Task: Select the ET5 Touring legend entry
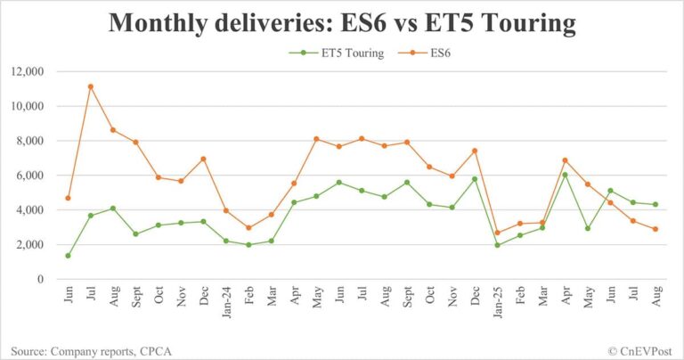(x=354, y=53)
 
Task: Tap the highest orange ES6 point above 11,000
(x=91, y=86)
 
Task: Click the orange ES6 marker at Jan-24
(x=226, y=210)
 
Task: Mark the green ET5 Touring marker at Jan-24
(x=226, y=241)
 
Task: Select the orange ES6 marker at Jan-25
(x=497, y=233)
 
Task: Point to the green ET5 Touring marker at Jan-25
(x=497, y=245)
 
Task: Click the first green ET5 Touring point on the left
(x=68, y=256)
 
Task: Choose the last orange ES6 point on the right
(x=655, y=229)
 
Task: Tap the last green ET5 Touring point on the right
(x=655, y=204)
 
